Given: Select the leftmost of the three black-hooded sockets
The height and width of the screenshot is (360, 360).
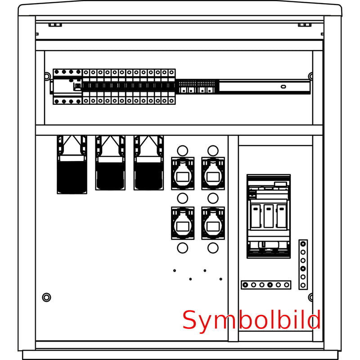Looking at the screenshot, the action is coord(72,165).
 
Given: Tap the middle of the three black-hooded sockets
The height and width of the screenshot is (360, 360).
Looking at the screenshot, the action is coord(110,163).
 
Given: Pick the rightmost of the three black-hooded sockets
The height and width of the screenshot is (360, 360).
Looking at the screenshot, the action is coord(148,163).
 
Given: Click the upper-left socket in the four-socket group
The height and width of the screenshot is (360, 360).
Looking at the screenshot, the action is coord(183,173).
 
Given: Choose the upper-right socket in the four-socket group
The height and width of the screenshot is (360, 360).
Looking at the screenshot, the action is coord(213,173).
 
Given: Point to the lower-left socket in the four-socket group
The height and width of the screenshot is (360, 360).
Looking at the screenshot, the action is coord(183,223).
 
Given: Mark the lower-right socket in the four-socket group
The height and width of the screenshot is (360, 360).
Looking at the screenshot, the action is coord(213,223).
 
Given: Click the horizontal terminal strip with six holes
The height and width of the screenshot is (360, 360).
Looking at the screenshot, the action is coord(266,285).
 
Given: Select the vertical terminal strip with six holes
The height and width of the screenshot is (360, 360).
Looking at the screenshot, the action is coord(303,265).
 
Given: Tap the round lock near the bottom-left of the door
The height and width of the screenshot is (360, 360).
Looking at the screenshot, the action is coord(47,297).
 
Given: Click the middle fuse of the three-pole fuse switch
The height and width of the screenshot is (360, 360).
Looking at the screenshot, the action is coord(269,216).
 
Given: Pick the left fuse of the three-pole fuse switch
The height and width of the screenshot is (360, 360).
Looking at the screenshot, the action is coord(256,216).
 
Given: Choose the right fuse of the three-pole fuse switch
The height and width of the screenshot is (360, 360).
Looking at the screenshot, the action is coord(282,216).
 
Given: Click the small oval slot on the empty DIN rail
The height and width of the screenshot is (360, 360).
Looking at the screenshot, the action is coord(283,86).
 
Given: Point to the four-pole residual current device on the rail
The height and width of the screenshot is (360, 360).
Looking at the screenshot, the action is coord(67,87).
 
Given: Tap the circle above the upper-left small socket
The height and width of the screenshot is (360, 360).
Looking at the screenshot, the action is coord(183,151).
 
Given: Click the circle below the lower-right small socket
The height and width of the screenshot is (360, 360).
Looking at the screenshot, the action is coord(213,248).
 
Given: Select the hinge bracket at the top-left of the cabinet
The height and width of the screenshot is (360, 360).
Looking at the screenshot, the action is coord(55,25).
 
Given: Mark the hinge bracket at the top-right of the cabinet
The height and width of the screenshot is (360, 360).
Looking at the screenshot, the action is coord(305,25).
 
